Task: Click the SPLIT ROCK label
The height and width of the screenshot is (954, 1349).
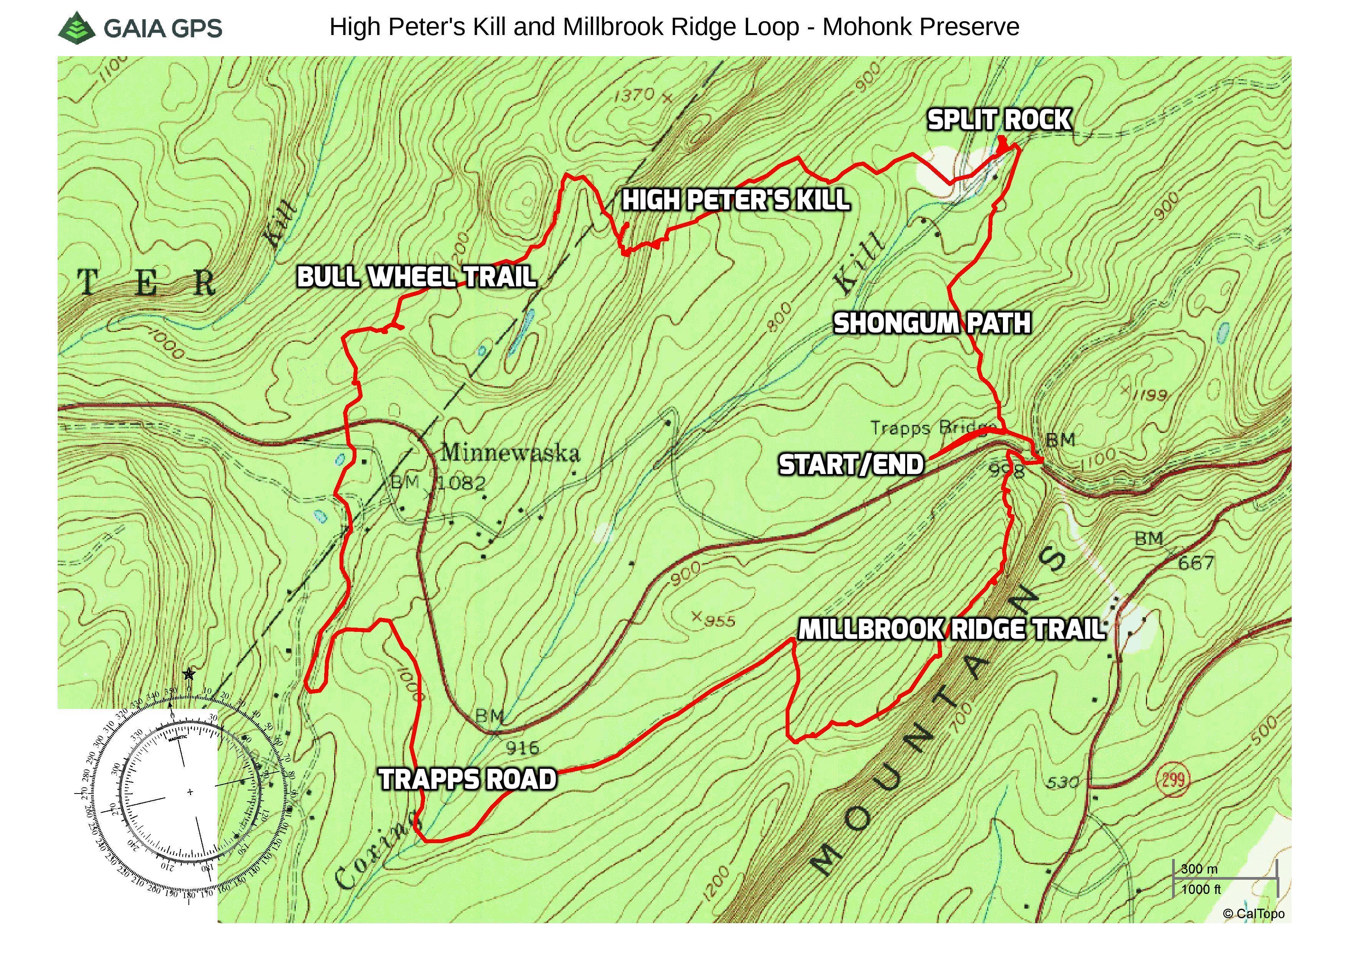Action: [x=999, y=120]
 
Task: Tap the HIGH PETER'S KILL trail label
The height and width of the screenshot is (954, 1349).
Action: [x=736, y=200]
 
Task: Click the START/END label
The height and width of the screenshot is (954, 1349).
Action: [x=851, y=465]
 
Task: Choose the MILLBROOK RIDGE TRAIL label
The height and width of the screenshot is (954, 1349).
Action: [x=951, y=630]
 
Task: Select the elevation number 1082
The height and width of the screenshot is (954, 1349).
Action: [x=462, y=484]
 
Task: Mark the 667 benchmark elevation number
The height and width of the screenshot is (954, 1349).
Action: [x=1196, y=563]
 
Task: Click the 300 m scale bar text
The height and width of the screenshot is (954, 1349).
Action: [x=1199, y=869]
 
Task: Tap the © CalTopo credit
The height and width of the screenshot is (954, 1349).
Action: [x=1253, y=914]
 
